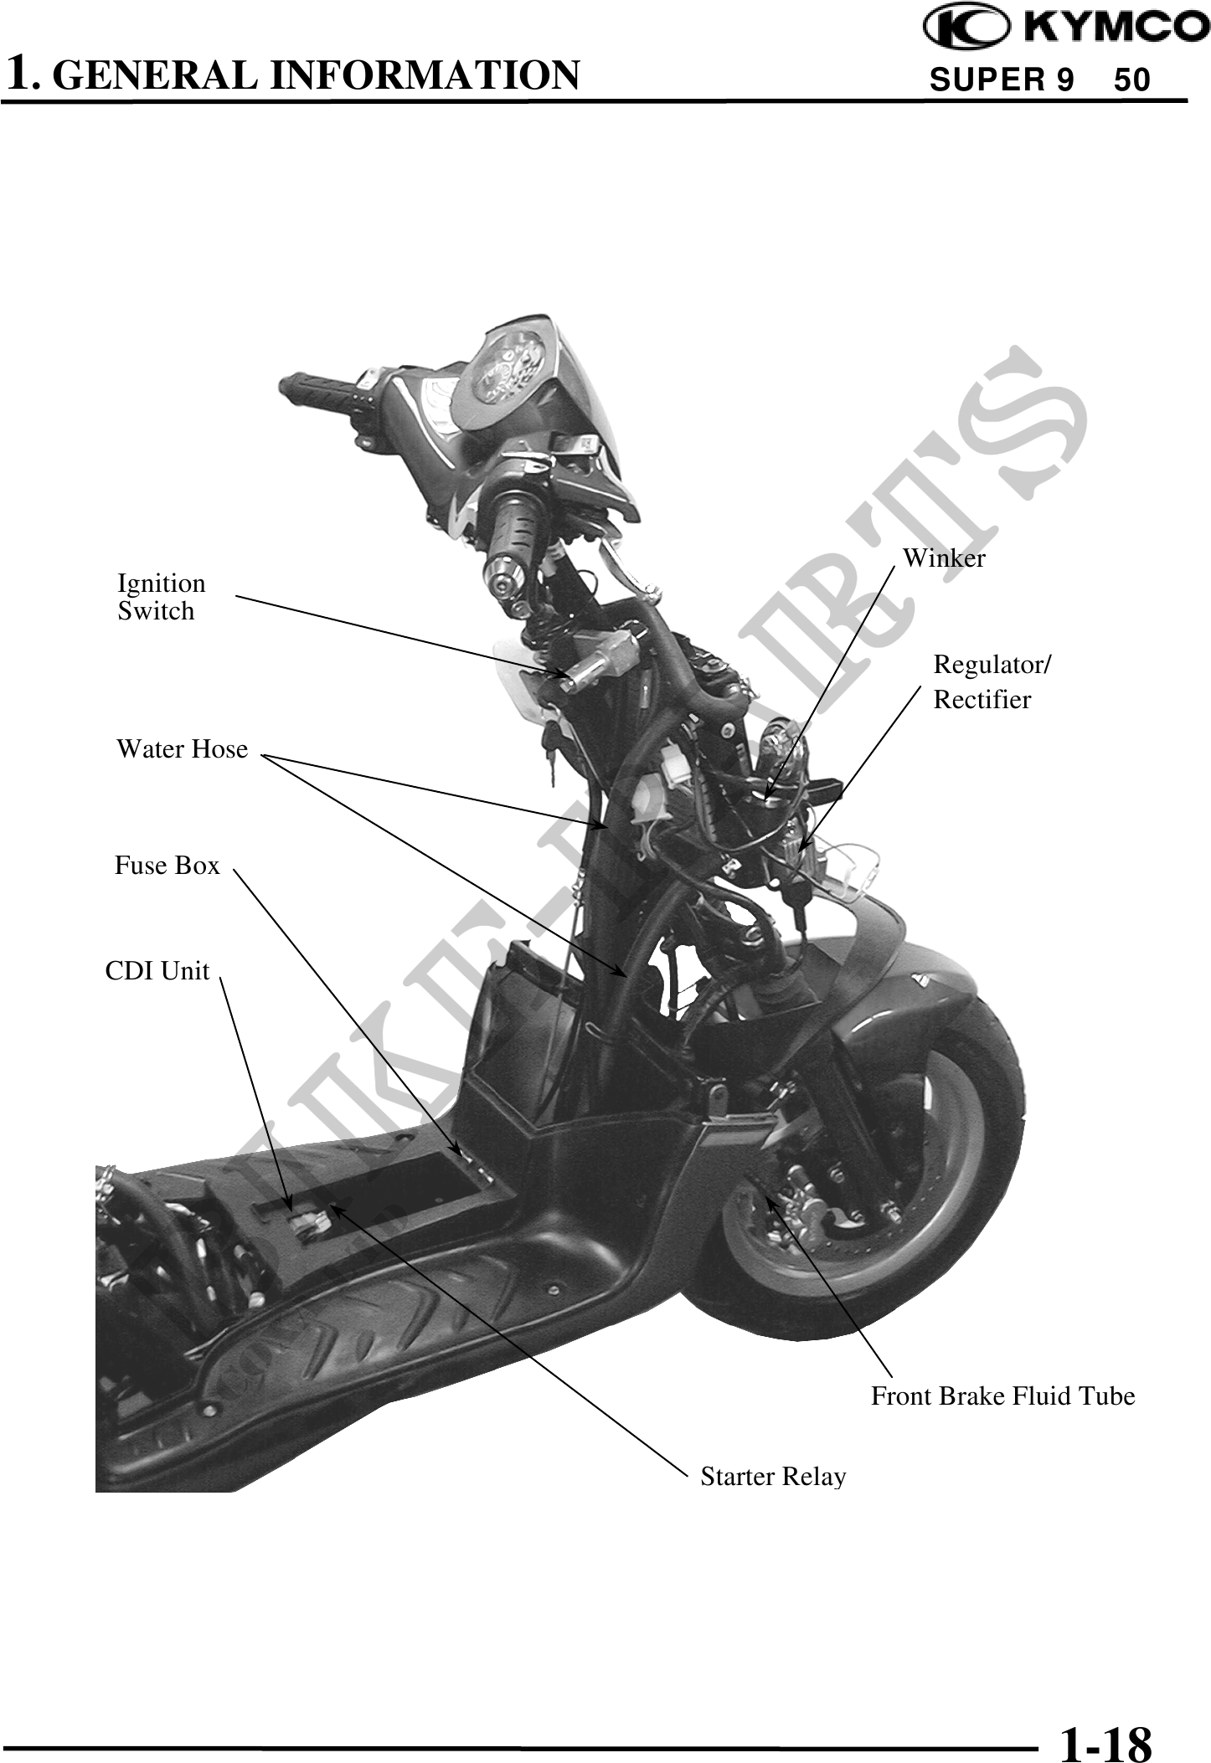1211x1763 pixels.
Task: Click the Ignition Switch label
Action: [x=161, y=597]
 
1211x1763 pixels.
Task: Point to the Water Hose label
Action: [x=182, y=748]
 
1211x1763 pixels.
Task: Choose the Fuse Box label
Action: [x=167, y=865]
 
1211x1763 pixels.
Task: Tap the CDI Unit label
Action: [x=157, y=970]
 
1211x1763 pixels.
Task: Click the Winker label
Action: [x=944, y=558]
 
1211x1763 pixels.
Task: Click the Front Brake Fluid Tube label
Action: [x=1002, y=1396]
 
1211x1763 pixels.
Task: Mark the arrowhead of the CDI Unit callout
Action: [x=291, y=1210]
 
